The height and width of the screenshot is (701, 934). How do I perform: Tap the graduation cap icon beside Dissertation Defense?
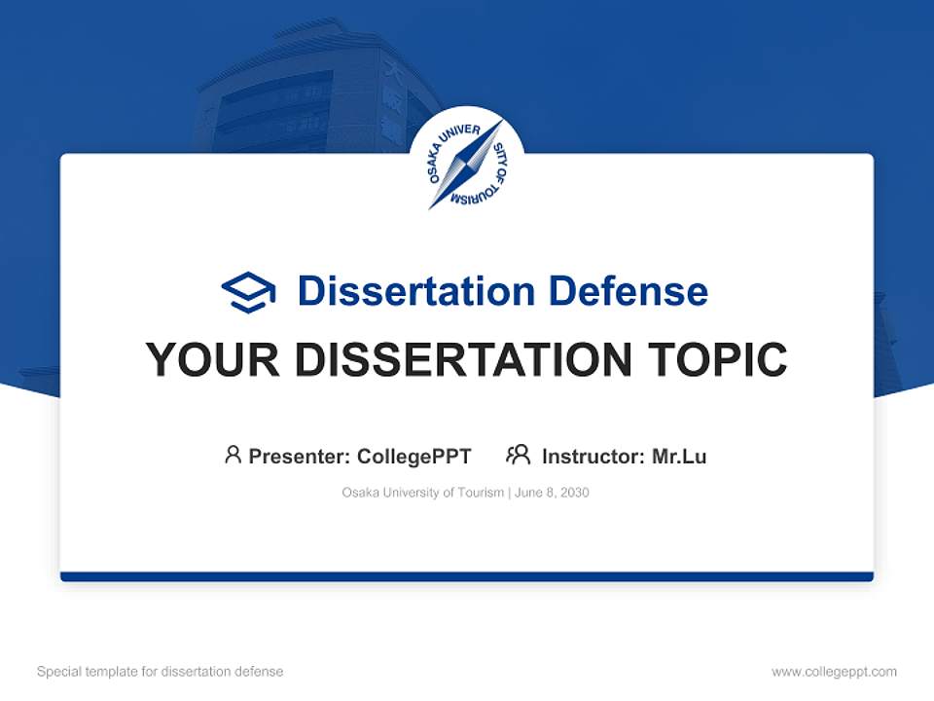click(x=248, y=292)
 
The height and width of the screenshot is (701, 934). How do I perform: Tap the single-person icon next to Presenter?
click(x=233, y=455)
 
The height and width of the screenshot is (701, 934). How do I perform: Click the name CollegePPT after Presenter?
click(x=414, y=456)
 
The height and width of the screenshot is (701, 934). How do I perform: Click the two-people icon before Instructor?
click(x=519, y=455)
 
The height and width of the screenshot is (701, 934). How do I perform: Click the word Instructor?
click(x=593, y=456)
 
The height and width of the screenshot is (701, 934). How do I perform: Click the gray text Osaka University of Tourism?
click(x=422, y=493)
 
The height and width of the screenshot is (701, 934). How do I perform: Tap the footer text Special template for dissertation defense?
click(x=161, y=672)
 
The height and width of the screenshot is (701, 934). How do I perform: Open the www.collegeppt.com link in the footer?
click(x=834, y=672)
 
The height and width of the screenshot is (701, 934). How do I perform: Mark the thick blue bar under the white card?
click(x=467, y=577)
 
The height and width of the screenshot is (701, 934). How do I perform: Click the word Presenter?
click(x=300, y=456)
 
